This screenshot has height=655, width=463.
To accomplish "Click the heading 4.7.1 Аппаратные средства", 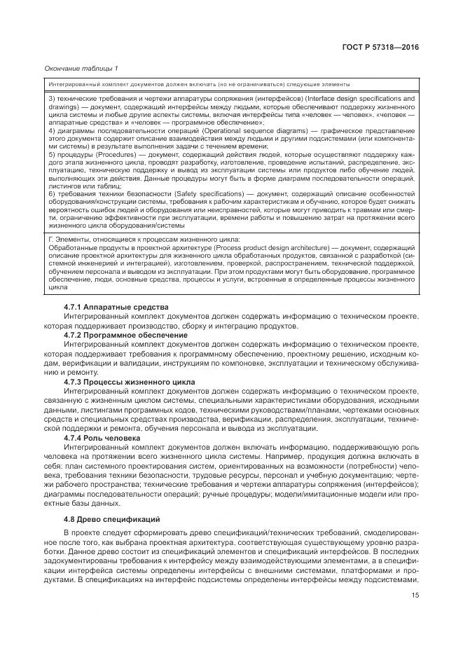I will point(106,308).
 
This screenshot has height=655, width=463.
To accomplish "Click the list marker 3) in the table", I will point(51,99).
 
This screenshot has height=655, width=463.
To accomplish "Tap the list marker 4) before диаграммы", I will point(51,131).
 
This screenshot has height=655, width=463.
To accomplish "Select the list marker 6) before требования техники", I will point(51,193).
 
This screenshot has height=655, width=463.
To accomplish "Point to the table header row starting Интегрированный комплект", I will point(199,84).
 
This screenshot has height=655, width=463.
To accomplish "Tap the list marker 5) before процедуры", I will point(51,154).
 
